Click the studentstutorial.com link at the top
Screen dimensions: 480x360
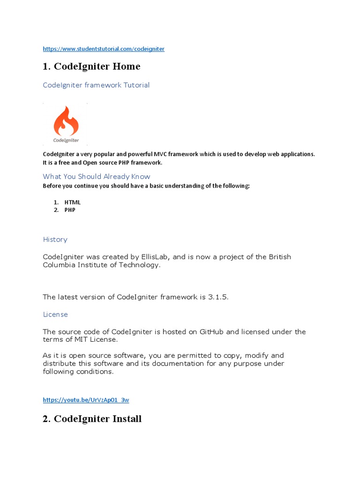[104, 49]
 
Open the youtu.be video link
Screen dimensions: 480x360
[86, 400]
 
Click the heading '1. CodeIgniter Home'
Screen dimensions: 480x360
[91, 67]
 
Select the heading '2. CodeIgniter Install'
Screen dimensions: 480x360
[92, 419]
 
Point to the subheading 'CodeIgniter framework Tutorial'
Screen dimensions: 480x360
[96, 85]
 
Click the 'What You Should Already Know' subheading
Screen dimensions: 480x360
[97, 176]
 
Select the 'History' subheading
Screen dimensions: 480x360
[55, 240]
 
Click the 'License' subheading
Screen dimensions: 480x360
[55, 314]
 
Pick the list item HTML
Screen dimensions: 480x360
[73, 202]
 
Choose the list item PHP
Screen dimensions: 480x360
[70, 210]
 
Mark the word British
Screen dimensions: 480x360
[279, 257]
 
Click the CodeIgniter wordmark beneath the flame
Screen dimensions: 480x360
[66, 140]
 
